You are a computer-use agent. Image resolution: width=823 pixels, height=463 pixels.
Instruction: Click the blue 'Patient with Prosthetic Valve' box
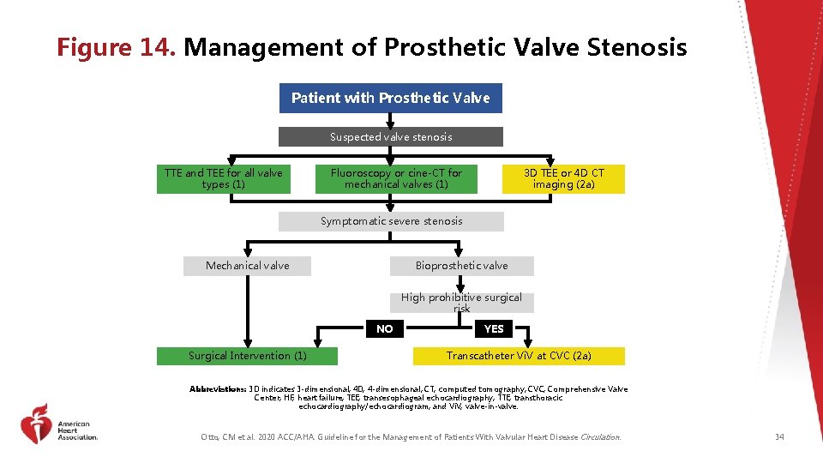click(390, 98)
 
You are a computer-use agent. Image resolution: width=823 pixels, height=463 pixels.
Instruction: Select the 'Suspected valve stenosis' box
click(391, 137)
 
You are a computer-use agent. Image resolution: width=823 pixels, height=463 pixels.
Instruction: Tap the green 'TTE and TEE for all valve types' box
click(223, 178)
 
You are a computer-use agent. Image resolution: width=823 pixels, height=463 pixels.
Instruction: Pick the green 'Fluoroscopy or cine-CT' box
click(396, 178)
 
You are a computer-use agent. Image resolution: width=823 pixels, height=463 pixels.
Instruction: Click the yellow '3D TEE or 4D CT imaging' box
click(563, 178)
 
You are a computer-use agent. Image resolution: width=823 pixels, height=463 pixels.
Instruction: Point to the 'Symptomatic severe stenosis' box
click(391, 221)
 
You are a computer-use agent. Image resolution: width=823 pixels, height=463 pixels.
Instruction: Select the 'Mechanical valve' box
click(247, 266)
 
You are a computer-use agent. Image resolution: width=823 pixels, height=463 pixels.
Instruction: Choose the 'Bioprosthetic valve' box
click(461, 266)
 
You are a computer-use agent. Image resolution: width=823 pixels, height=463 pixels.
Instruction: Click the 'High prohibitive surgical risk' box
click(461, 302)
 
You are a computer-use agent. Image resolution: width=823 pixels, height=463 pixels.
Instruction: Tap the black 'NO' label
click(385, 328)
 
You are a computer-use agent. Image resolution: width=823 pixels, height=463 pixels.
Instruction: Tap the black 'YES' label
click(494, 328)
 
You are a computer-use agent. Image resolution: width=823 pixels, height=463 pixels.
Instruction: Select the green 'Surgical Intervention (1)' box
click(247, 356)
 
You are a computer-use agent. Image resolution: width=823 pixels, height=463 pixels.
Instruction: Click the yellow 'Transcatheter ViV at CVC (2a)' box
click(519, 356)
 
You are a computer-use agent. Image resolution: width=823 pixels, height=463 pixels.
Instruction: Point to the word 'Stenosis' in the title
click(637, 47)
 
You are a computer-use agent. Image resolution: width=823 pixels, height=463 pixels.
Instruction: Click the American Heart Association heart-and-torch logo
click(36, 424)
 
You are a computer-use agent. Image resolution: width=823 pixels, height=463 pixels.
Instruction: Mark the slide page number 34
click(779, 437)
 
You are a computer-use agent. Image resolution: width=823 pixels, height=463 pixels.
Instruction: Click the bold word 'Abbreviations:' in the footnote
click(218, 389)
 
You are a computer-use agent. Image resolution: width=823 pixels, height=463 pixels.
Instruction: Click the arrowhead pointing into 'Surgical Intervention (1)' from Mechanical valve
click(247, 340)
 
